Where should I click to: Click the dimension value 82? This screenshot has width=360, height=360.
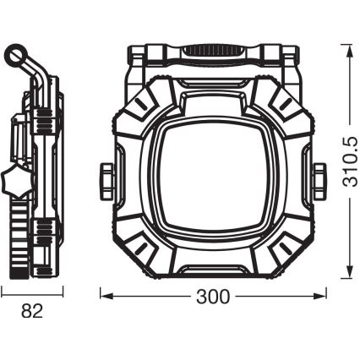[x=31, y=310]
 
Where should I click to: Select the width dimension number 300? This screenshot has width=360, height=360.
[x=212, y=296]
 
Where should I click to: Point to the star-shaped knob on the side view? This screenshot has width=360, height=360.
[x=11, y=181]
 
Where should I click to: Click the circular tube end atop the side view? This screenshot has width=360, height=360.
[x=16, y=57]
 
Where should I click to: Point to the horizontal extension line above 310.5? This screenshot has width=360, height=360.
[x=338, y=43]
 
